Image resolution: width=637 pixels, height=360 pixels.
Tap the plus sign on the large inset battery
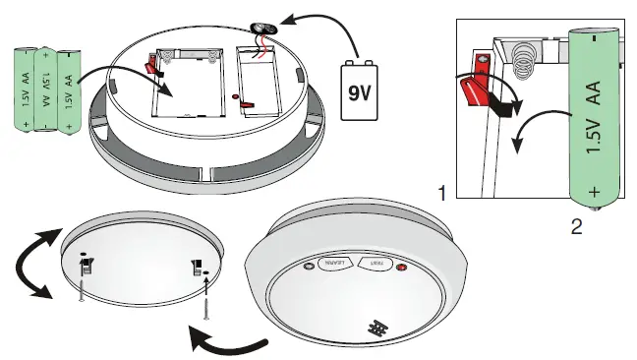pyautogui.click(x=594, y=187)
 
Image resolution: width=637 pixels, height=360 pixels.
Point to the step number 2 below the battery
pyautogui.click(x=577, y=227)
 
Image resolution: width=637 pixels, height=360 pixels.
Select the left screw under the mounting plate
pyautogui.click(x=78, y=289)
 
